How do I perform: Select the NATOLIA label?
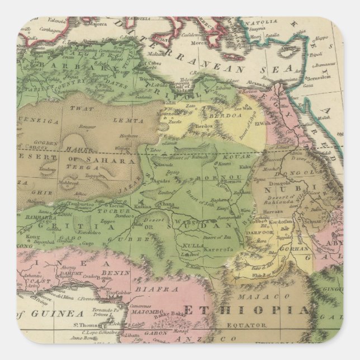267,23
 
